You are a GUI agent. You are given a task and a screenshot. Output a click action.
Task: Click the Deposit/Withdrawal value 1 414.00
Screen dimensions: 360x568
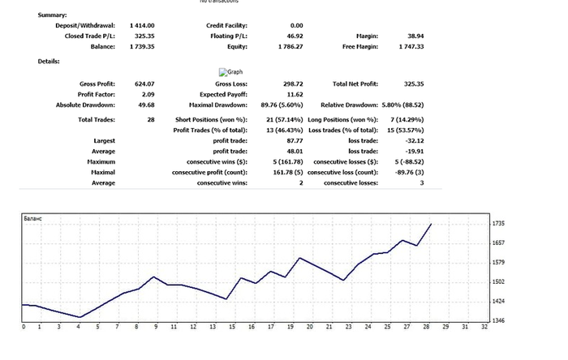142,25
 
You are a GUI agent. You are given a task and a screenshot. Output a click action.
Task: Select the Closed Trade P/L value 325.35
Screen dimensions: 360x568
144,36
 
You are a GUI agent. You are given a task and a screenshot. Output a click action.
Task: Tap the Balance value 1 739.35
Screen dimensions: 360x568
142,46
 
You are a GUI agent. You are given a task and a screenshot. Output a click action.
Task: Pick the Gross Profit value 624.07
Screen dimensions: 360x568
144,84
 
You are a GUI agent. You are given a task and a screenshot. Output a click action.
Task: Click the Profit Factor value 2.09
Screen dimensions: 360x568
147,94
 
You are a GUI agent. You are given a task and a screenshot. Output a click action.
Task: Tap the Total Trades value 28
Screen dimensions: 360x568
150,120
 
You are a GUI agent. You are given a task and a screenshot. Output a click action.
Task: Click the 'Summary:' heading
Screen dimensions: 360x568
52,15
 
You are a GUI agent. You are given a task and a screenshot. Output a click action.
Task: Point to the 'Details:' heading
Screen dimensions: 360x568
49,62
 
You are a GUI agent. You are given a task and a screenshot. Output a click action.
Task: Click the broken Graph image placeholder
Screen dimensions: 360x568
230,71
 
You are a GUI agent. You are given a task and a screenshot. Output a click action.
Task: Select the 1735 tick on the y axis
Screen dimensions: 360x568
498,223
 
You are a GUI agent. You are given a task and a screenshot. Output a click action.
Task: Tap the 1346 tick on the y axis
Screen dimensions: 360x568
498,321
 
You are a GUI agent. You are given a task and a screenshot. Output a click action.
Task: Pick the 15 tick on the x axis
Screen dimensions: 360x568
232,328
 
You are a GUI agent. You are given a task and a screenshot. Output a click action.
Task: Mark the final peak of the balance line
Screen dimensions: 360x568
431,223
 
